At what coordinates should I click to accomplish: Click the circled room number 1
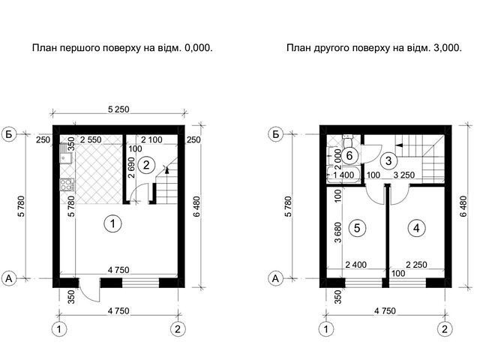click(112, 223)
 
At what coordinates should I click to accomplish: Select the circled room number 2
click(146, 165)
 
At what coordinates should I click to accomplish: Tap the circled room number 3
click(388, 160)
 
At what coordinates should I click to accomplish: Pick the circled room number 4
click(416, 228)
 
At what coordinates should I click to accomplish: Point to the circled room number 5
click(357, 228)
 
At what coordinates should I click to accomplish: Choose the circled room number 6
click(349, 156)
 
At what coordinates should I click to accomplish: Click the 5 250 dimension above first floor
click(118, 109)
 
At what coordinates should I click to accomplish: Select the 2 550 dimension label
click(91, 139)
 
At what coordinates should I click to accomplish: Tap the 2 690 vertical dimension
click(132, 167)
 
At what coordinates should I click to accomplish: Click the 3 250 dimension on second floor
click(404, 175)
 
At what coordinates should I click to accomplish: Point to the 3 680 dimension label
click(338, 232)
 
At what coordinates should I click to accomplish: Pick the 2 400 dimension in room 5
click(355, 265)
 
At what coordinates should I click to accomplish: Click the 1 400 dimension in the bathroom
click(343, 175)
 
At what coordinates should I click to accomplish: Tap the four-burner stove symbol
click(67, 184)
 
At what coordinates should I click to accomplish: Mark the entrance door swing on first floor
click(89, 290)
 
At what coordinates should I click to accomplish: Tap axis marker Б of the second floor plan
click(275, 134)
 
